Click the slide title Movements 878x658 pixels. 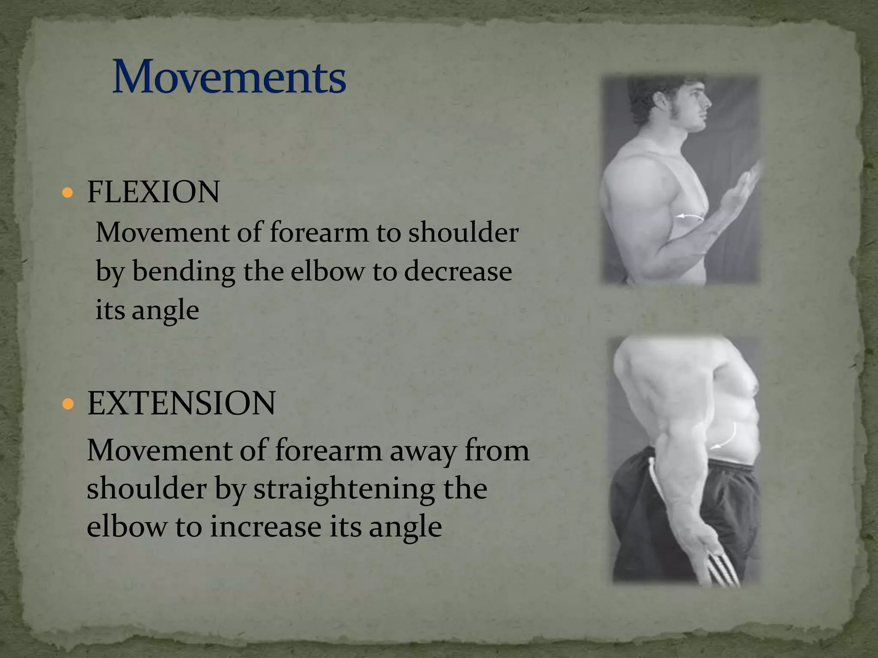pyautogui.click(x=229, y=77)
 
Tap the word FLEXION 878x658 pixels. pyautogui.click(x=153, y=192)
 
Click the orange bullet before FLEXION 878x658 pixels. pyautogui.click(x=67, y=192)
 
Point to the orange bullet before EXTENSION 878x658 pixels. pyautogui.click(x=68, y=404)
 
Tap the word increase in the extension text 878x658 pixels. pyautogui.click(x=265, y=526)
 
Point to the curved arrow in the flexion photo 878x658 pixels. pyautogui.click(x=690, y=217)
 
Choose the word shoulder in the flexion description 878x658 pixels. pyautogui.click(x=463, y=233)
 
